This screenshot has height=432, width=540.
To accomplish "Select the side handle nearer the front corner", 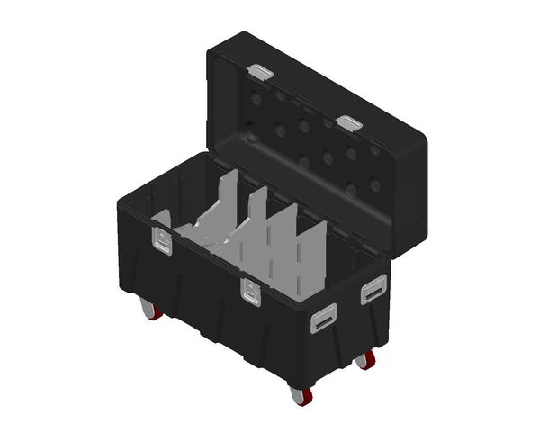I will click(x=324, y=318).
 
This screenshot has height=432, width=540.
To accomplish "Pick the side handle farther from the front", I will click(x=372, y=290).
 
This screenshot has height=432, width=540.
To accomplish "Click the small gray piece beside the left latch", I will click(x=161, y=218).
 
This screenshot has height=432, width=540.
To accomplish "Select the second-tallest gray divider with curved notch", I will click(x=257, y=216).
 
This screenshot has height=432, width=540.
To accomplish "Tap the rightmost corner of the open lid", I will click(x=424, y=144).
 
